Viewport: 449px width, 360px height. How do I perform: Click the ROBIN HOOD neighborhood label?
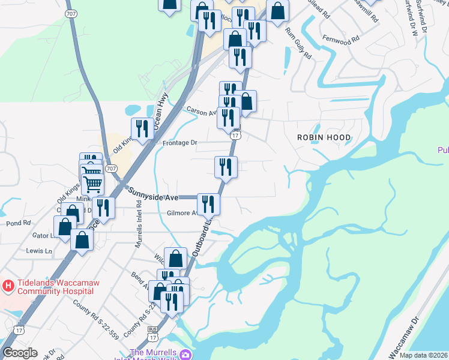click(324, 137)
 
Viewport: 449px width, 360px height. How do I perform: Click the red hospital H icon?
click(8, 286)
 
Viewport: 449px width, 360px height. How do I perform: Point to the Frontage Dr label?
click(180, 143)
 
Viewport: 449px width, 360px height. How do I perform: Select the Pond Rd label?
click(19, 223)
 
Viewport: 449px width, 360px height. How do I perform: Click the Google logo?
click(20, 353)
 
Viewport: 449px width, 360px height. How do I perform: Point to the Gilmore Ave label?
click(182, 213)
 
